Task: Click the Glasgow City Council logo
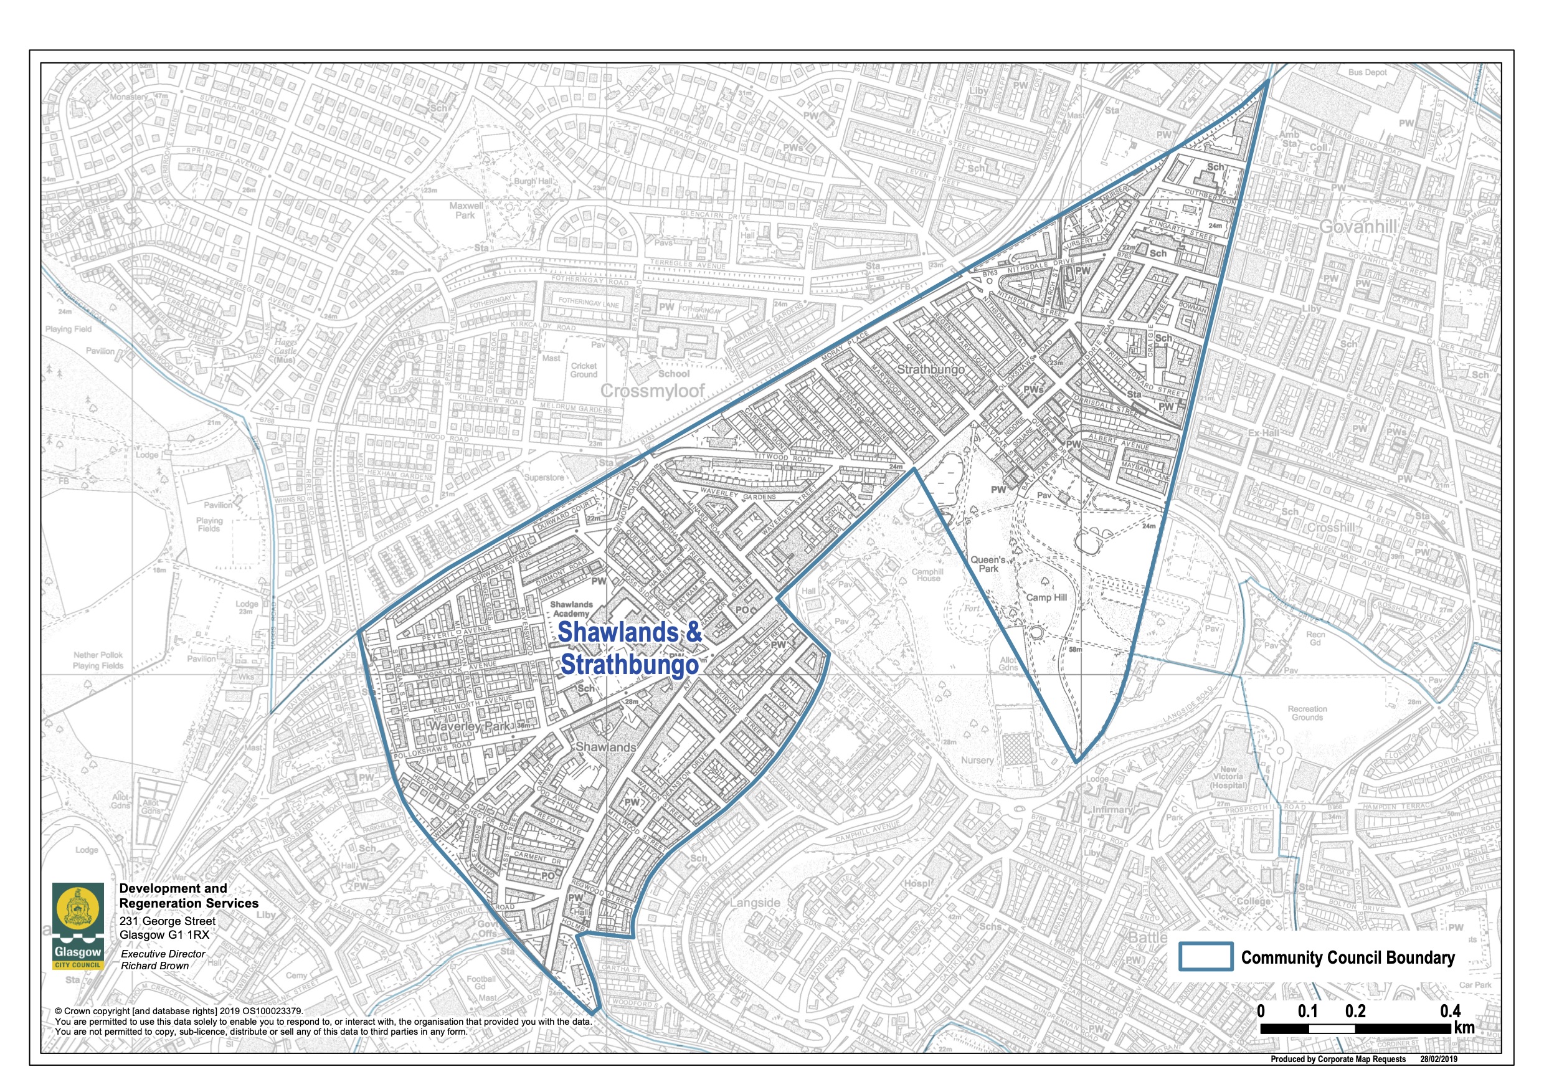pos(78,926)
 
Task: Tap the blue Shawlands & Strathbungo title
pos(630,647)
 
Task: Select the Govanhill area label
pos(1358,226)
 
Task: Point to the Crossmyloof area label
pos(651,391)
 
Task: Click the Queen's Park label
pos(988,564)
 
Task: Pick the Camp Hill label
pos(1046,597)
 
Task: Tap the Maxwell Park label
pos(466,211)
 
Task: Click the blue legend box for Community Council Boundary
pos(1206,956)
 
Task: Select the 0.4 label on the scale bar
pos(1450,1011)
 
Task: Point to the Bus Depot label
pos(1367,72)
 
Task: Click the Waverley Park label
pos(470,726)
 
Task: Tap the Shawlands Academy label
pos(572,609)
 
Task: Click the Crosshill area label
pos(1331,527)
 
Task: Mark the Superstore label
pos(544,477)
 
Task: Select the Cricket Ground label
pos(584,370)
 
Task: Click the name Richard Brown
pos(154,966)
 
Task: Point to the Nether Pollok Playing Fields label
pos(98,660)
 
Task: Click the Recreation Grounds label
pos(1307,713)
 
